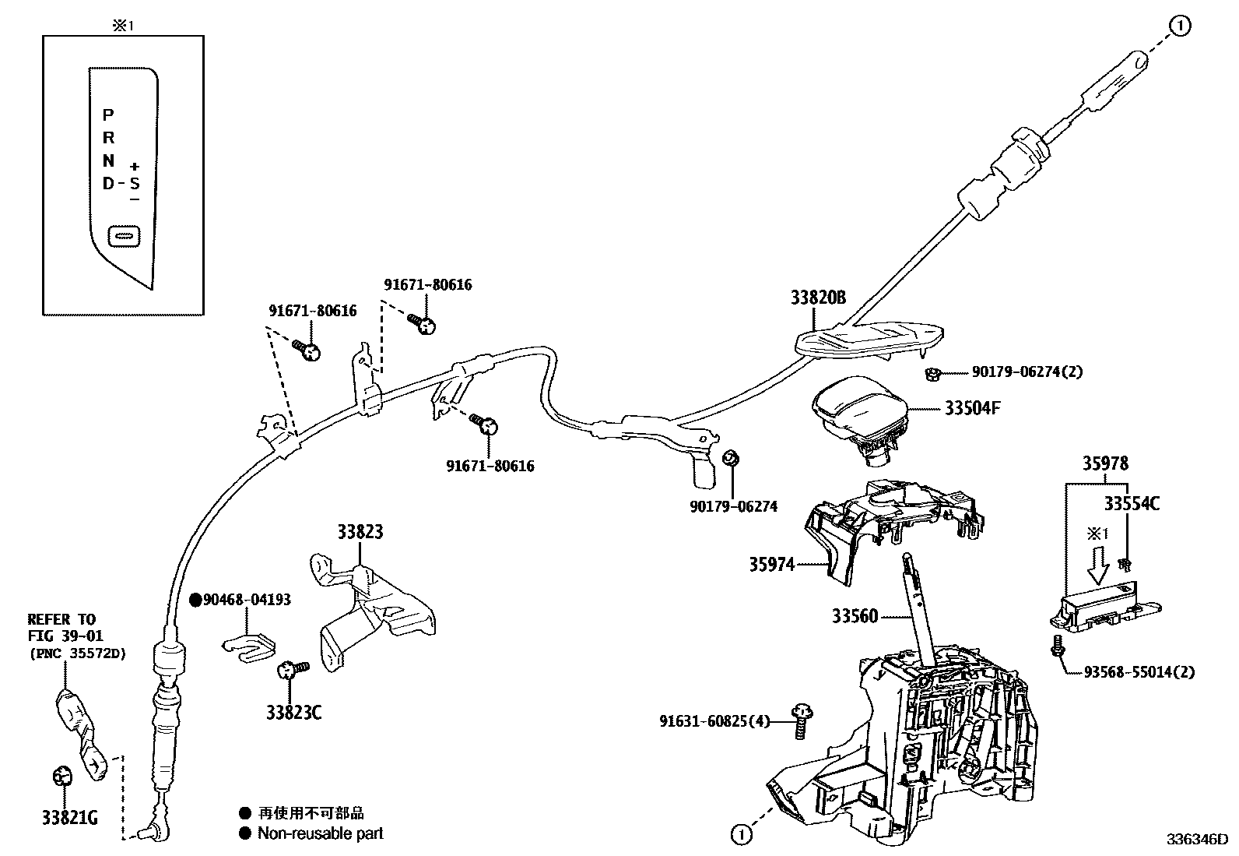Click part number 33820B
click(x=818, y=298)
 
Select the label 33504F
click(x=972, y=408)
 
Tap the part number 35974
click(x=771, y=564)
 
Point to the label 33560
click(x=855, y=615)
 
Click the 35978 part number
click(x=1105, y=463)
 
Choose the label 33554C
click(x=1132, y=503)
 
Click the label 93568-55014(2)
click(x=1139, y=671)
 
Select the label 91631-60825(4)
click(x=714, y=721)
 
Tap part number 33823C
click(x=293, y=712)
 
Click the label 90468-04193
click(x=247, y=600)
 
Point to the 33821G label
click(x=70, y=817)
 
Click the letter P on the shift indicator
click(x=108, y=114)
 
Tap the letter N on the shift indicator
click(x=108, y=160)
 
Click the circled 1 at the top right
click(x=1180, y=26)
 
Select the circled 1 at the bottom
click(x=741, y=834)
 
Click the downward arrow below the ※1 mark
click(x=1098, y=565)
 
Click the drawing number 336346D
click(x=1197, y=840)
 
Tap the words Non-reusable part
click(x=321, y=833)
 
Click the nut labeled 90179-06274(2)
click(x=932, y=375)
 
